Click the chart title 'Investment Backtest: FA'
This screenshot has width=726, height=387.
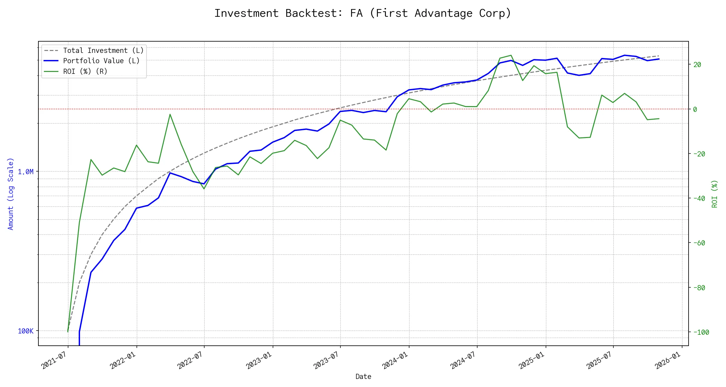pyautogui.click(x=363, y=13)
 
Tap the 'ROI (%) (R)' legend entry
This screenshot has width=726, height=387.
pyautogui.click(x=85, y=71)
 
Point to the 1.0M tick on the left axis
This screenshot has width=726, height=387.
pyautogui.click(x=26, y=172)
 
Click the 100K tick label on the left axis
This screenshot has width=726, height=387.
pyautogui.click(x=26, y=331)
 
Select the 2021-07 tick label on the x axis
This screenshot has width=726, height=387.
pyautogui.click(x=54, y=360)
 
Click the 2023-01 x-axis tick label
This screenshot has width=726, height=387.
pyautogui.click(x=259, y=360)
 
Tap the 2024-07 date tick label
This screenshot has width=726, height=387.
pyautogui.click(x=463, y=360)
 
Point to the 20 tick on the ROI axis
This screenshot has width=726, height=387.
pyautogui.click(x=697, y=64)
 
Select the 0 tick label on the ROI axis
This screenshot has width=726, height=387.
pyautogui.click(x=695, y=109)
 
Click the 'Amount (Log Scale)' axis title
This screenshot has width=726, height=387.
pyautogui.click(x=11, y=193)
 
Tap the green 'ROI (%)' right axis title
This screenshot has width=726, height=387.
pyautogui.click(x=714, y=193)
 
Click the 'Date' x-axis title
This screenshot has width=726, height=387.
pyautogui.click(x=363, y=376)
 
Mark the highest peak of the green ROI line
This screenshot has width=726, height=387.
pyautogui.click(x=511, y=55)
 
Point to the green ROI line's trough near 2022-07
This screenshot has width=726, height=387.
pyautogui.click(x=204, y=189)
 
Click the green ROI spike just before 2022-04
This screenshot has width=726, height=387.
pyautogui.click(x=170, y=114)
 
